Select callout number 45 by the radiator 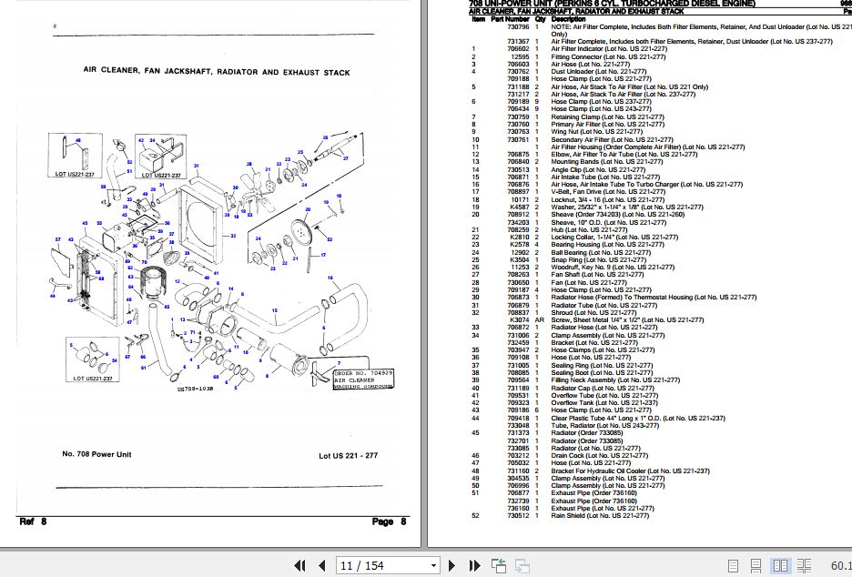pyautogui.click(x=86, y=223)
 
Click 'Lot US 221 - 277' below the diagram pyautogui.click(x=348, y=455)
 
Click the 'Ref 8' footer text pyautogui.click(x=33, y=521)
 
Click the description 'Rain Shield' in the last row pyautogui.click(x=569, y=515)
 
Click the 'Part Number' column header pyautogui.click(x=510, y=18)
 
